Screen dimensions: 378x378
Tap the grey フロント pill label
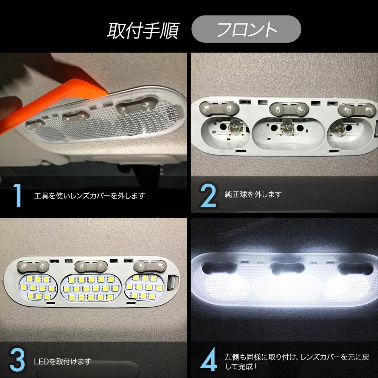point(246,29)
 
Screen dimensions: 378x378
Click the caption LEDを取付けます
point(62,362)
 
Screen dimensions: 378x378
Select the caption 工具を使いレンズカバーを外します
point(89,196)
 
